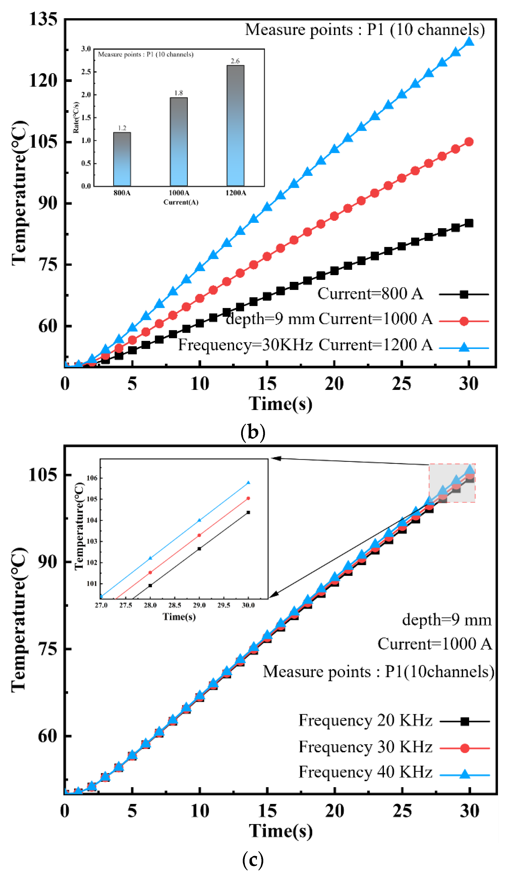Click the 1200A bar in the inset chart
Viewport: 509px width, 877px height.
(235, 125)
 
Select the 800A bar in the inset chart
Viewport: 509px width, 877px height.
(122, 159)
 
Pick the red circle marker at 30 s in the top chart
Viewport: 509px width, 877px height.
(469, 142)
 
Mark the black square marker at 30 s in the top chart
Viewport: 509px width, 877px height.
(469, 223)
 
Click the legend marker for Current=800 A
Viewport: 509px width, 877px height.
(463, 294)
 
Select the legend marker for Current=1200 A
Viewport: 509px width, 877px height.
(463, 347)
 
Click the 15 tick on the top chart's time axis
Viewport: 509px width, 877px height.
(267, 384)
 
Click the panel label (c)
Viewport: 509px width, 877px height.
(253, 860)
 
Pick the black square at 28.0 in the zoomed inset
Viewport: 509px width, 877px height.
(150, 585)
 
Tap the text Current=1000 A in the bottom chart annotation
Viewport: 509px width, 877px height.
(434, 644)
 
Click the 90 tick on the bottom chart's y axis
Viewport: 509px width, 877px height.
(47, 561)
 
